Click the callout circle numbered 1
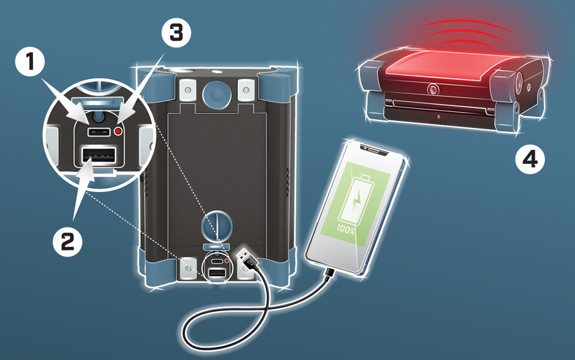click(30, 61)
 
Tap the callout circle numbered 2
click(67, 241)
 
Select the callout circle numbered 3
click(176, 33)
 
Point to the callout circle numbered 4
click(530, 160)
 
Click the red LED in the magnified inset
click(118, 131)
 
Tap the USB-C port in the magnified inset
click(99, 132)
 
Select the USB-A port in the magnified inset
click(100, 155)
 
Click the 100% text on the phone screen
click(346, 229)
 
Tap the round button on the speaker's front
click(433, 89)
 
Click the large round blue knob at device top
click(217, 95)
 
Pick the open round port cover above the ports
click(217, 226)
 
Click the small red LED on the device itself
click(226, 260)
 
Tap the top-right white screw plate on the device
click(246, 90)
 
